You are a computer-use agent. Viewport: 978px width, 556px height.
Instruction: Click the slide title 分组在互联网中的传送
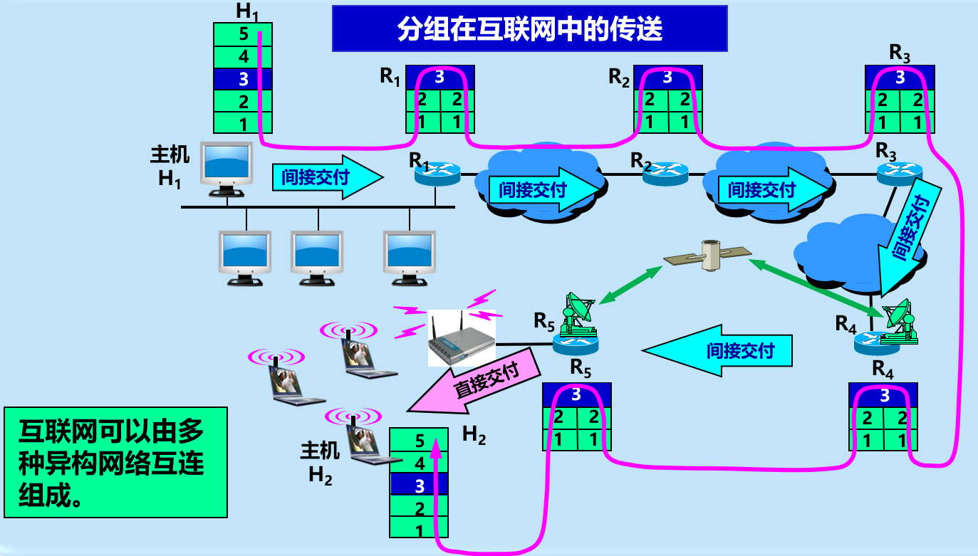coord(529,29)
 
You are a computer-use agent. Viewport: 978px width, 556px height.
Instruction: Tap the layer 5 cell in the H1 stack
coord(243,34)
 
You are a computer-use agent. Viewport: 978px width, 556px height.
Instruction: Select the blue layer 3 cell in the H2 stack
coord(419,486)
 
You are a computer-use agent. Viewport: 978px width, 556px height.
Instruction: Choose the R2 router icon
coord(665,172)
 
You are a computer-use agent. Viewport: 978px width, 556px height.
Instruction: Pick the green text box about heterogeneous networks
coord(115,461)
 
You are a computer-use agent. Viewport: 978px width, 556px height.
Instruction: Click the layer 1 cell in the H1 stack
coord(243,122)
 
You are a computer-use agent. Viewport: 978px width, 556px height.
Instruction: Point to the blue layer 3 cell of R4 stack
coord(883,395)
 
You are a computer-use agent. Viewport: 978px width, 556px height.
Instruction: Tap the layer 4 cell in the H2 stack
coord(419,463)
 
